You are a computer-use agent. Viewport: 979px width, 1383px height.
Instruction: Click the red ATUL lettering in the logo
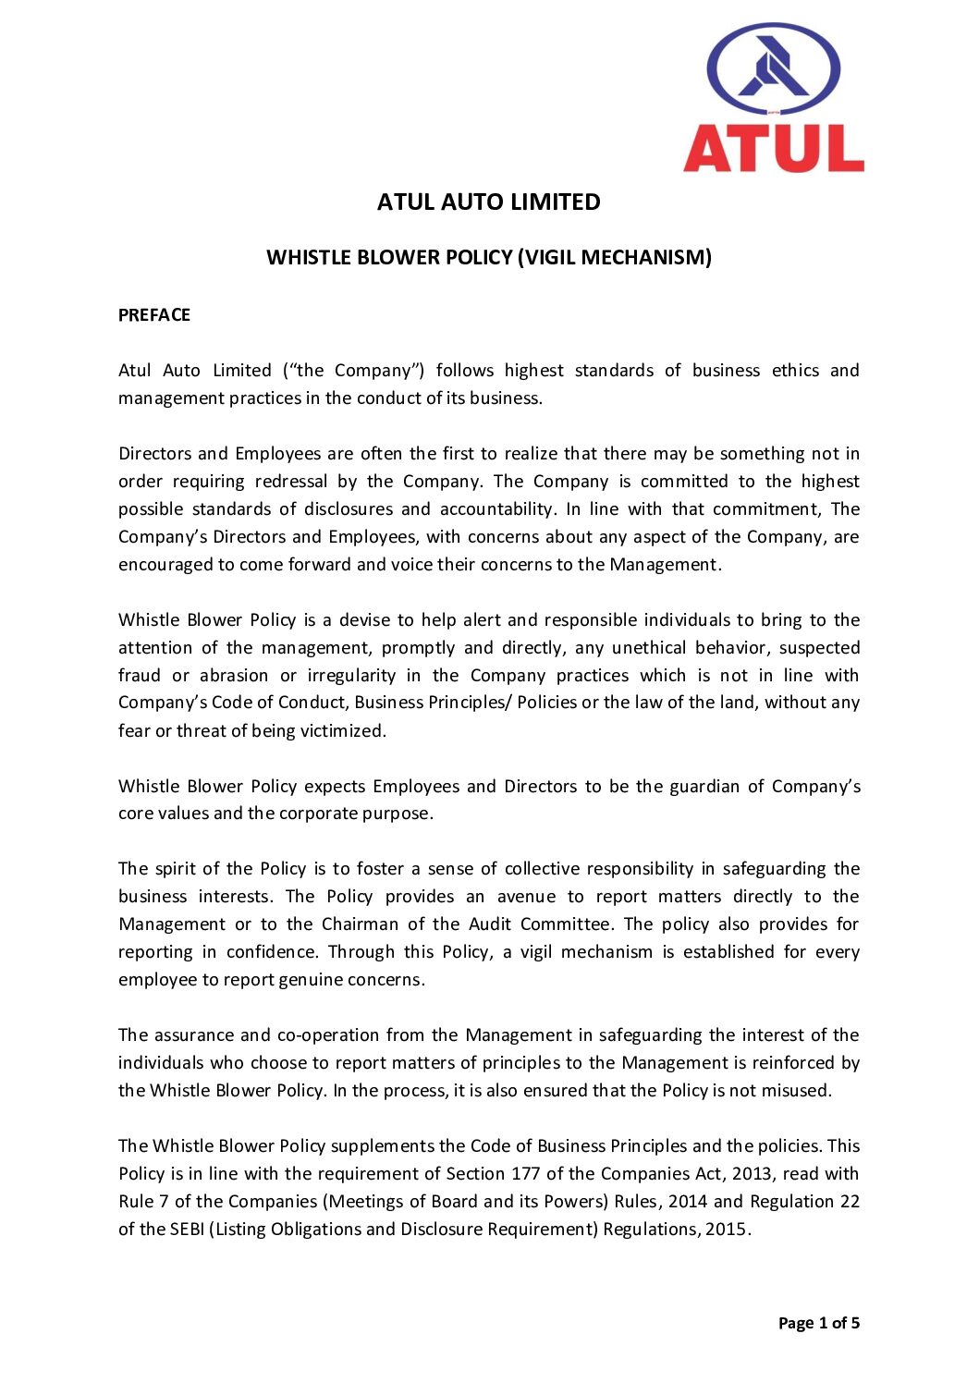(x=773, y=148)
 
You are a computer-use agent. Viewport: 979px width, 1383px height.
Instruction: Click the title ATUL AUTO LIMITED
(x=488, y=202)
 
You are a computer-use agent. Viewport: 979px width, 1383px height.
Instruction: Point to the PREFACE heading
(x=154, y=315)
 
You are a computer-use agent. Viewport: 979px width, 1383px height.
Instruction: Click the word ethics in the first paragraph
(x=795, y=371)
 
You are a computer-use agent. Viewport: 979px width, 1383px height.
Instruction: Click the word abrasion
(x=234, y=676)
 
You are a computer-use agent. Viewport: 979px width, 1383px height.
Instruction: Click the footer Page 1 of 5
(x=818, y=1323)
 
